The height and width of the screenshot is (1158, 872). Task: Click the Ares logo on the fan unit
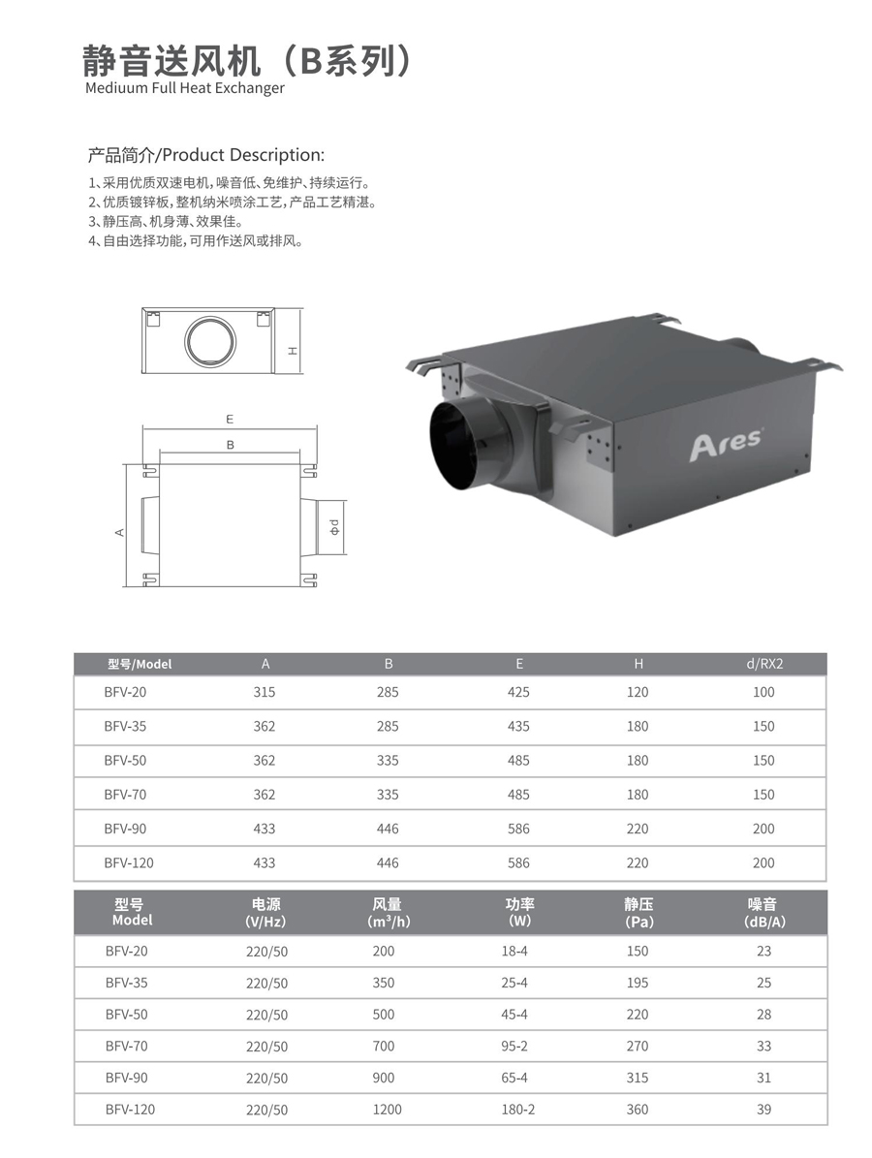(x=726, y=445)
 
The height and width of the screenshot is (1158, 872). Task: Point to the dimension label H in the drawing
(x=294, y=350)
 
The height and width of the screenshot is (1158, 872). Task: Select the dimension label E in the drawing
(x=230, y=419)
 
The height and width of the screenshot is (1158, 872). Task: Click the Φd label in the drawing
(x=333, y=527)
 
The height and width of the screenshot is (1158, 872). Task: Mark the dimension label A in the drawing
(x=119, y=532)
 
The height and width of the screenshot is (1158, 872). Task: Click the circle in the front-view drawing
(x=210, y=342)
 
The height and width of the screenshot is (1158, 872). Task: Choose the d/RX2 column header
(x=764, y=663)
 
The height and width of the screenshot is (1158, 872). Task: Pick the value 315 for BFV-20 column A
(x=265, y=692)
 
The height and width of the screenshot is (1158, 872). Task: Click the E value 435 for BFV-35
(x=518, y=726)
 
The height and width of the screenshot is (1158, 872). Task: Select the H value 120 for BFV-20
(x=638, y=692)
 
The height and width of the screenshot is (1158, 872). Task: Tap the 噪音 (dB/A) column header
(x=764, y=912)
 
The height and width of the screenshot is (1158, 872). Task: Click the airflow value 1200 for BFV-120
(x=387, y=1110)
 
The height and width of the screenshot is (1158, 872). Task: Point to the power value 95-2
(x=514, y=1046)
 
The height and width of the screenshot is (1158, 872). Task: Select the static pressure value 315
(x=638, y=1078)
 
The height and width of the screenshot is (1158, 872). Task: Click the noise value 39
(x=764, y=1110)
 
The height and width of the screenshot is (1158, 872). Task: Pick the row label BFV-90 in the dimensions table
(x=126, y=829)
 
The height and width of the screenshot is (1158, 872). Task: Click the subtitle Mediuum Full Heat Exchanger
(x=185, y=88)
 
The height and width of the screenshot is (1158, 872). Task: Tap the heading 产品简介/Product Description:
(x=206, y=155)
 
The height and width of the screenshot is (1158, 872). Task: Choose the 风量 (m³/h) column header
(x=388, y=912)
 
